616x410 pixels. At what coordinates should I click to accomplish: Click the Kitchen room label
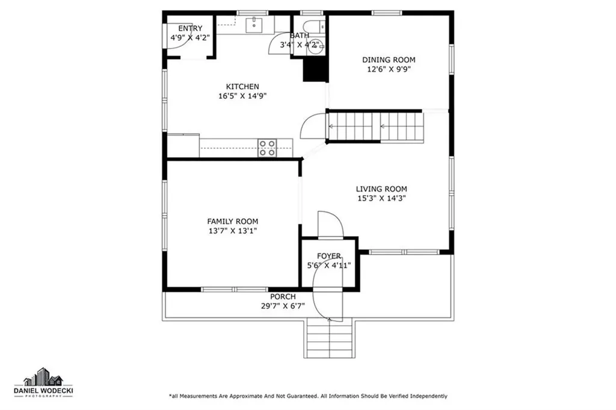(x=242, y=87)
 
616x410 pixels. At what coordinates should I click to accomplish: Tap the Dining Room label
(x=388, y=60)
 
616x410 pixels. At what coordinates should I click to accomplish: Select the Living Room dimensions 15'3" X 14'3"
(x=381, y=198)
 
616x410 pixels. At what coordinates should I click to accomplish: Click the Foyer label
(x=329, y=256)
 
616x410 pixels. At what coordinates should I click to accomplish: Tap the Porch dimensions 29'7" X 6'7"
(x=282, y=306)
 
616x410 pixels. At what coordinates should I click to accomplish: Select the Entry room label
(x=190, y=28)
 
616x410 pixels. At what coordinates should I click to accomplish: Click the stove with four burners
(x=267, y=148)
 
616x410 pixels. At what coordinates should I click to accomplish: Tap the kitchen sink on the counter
(x=255, y=25)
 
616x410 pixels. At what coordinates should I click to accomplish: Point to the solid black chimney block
(x=315, y=69)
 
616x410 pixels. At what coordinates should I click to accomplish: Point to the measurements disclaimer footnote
(x=307, y=396)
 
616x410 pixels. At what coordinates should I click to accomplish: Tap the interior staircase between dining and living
(x=375, y=126)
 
